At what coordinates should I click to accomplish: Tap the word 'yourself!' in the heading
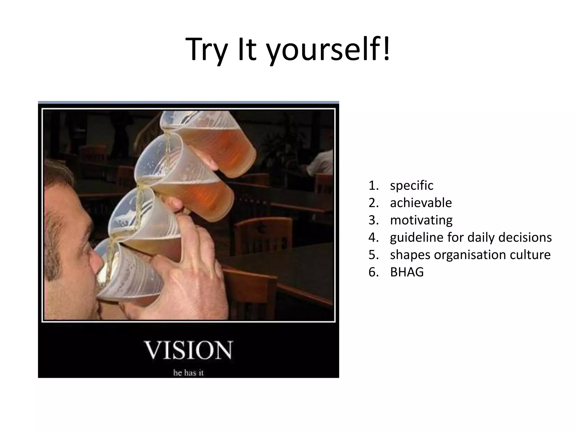328,50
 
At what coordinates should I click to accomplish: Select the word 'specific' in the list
411,185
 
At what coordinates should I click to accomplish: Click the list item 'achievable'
421,203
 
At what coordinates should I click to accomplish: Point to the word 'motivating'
421,220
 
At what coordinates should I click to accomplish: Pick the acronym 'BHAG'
407,272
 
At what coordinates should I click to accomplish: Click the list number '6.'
373,272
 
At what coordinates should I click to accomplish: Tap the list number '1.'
373,185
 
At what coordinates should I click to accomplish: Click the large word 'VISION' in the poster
188,350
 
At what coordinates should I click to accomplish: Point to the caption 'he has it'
188,373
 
